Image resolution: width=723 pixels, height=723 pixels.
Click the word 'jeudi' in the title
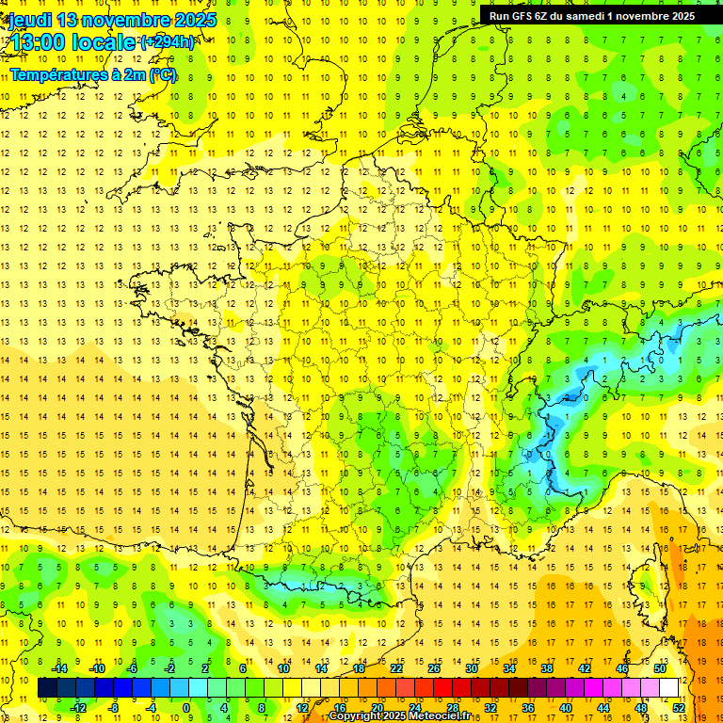(x=28, y=20)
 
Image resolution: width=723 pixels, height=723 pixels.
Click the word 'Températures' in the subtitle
(x=58, y=74)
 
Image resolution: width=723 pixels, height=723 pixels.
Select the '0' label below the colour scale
(x=185, y=707)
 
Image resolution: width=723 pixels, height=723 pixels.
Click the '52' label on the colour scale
(x=679, y=707)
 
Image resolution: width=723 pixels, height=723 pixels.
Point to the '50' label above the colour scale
(x=660, y=668)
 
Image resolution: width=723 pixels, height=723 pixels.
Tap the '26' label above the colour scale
(x=434, y=668)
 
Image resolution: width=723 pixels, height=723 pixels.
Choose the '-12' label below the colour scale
(x=79, y=707)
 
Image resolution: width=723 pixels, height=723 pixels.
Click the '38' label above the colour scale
(x=547, y=668)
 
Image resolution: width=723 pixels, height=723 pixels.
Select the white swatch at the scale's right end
(x=669, y=688)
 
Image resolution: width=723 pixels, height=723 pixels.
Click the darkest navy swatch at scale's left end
(x=47, y=688)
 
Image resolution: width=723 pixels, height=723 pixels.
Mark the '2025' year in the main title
(x=189, y=20)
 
